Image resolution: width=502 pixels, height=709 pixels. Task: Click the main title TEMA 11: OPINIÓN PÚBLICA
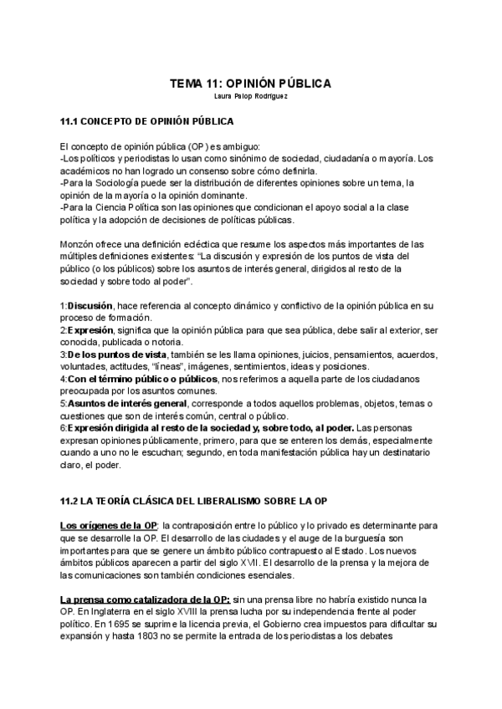click(x=251, y=84)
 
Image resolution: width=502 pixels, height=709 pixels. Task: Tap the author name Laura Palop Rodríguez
click(x=251, y=96)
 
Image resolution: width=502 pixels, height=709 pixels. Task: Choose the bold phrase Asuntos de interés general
click(x=125, y=403)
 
